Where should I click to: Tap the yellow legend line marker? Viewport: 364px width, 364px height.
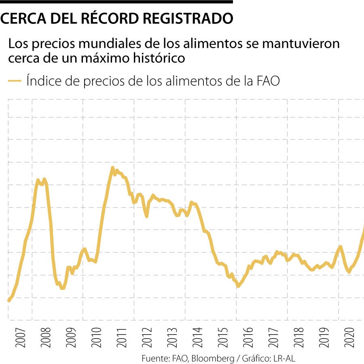click(x=15, y=81)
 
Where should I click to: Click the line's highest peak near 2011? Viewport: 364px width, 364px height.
click(x=112, y=168)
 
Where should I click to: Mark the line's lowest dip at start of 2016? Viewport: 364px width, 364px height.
click(x=238, y=286)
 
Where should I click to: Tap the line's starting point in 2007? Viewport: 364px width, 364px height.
click(x=8, y=301)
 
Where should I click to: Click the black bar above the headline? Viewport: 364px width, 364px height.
click(x=116, y=2)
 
